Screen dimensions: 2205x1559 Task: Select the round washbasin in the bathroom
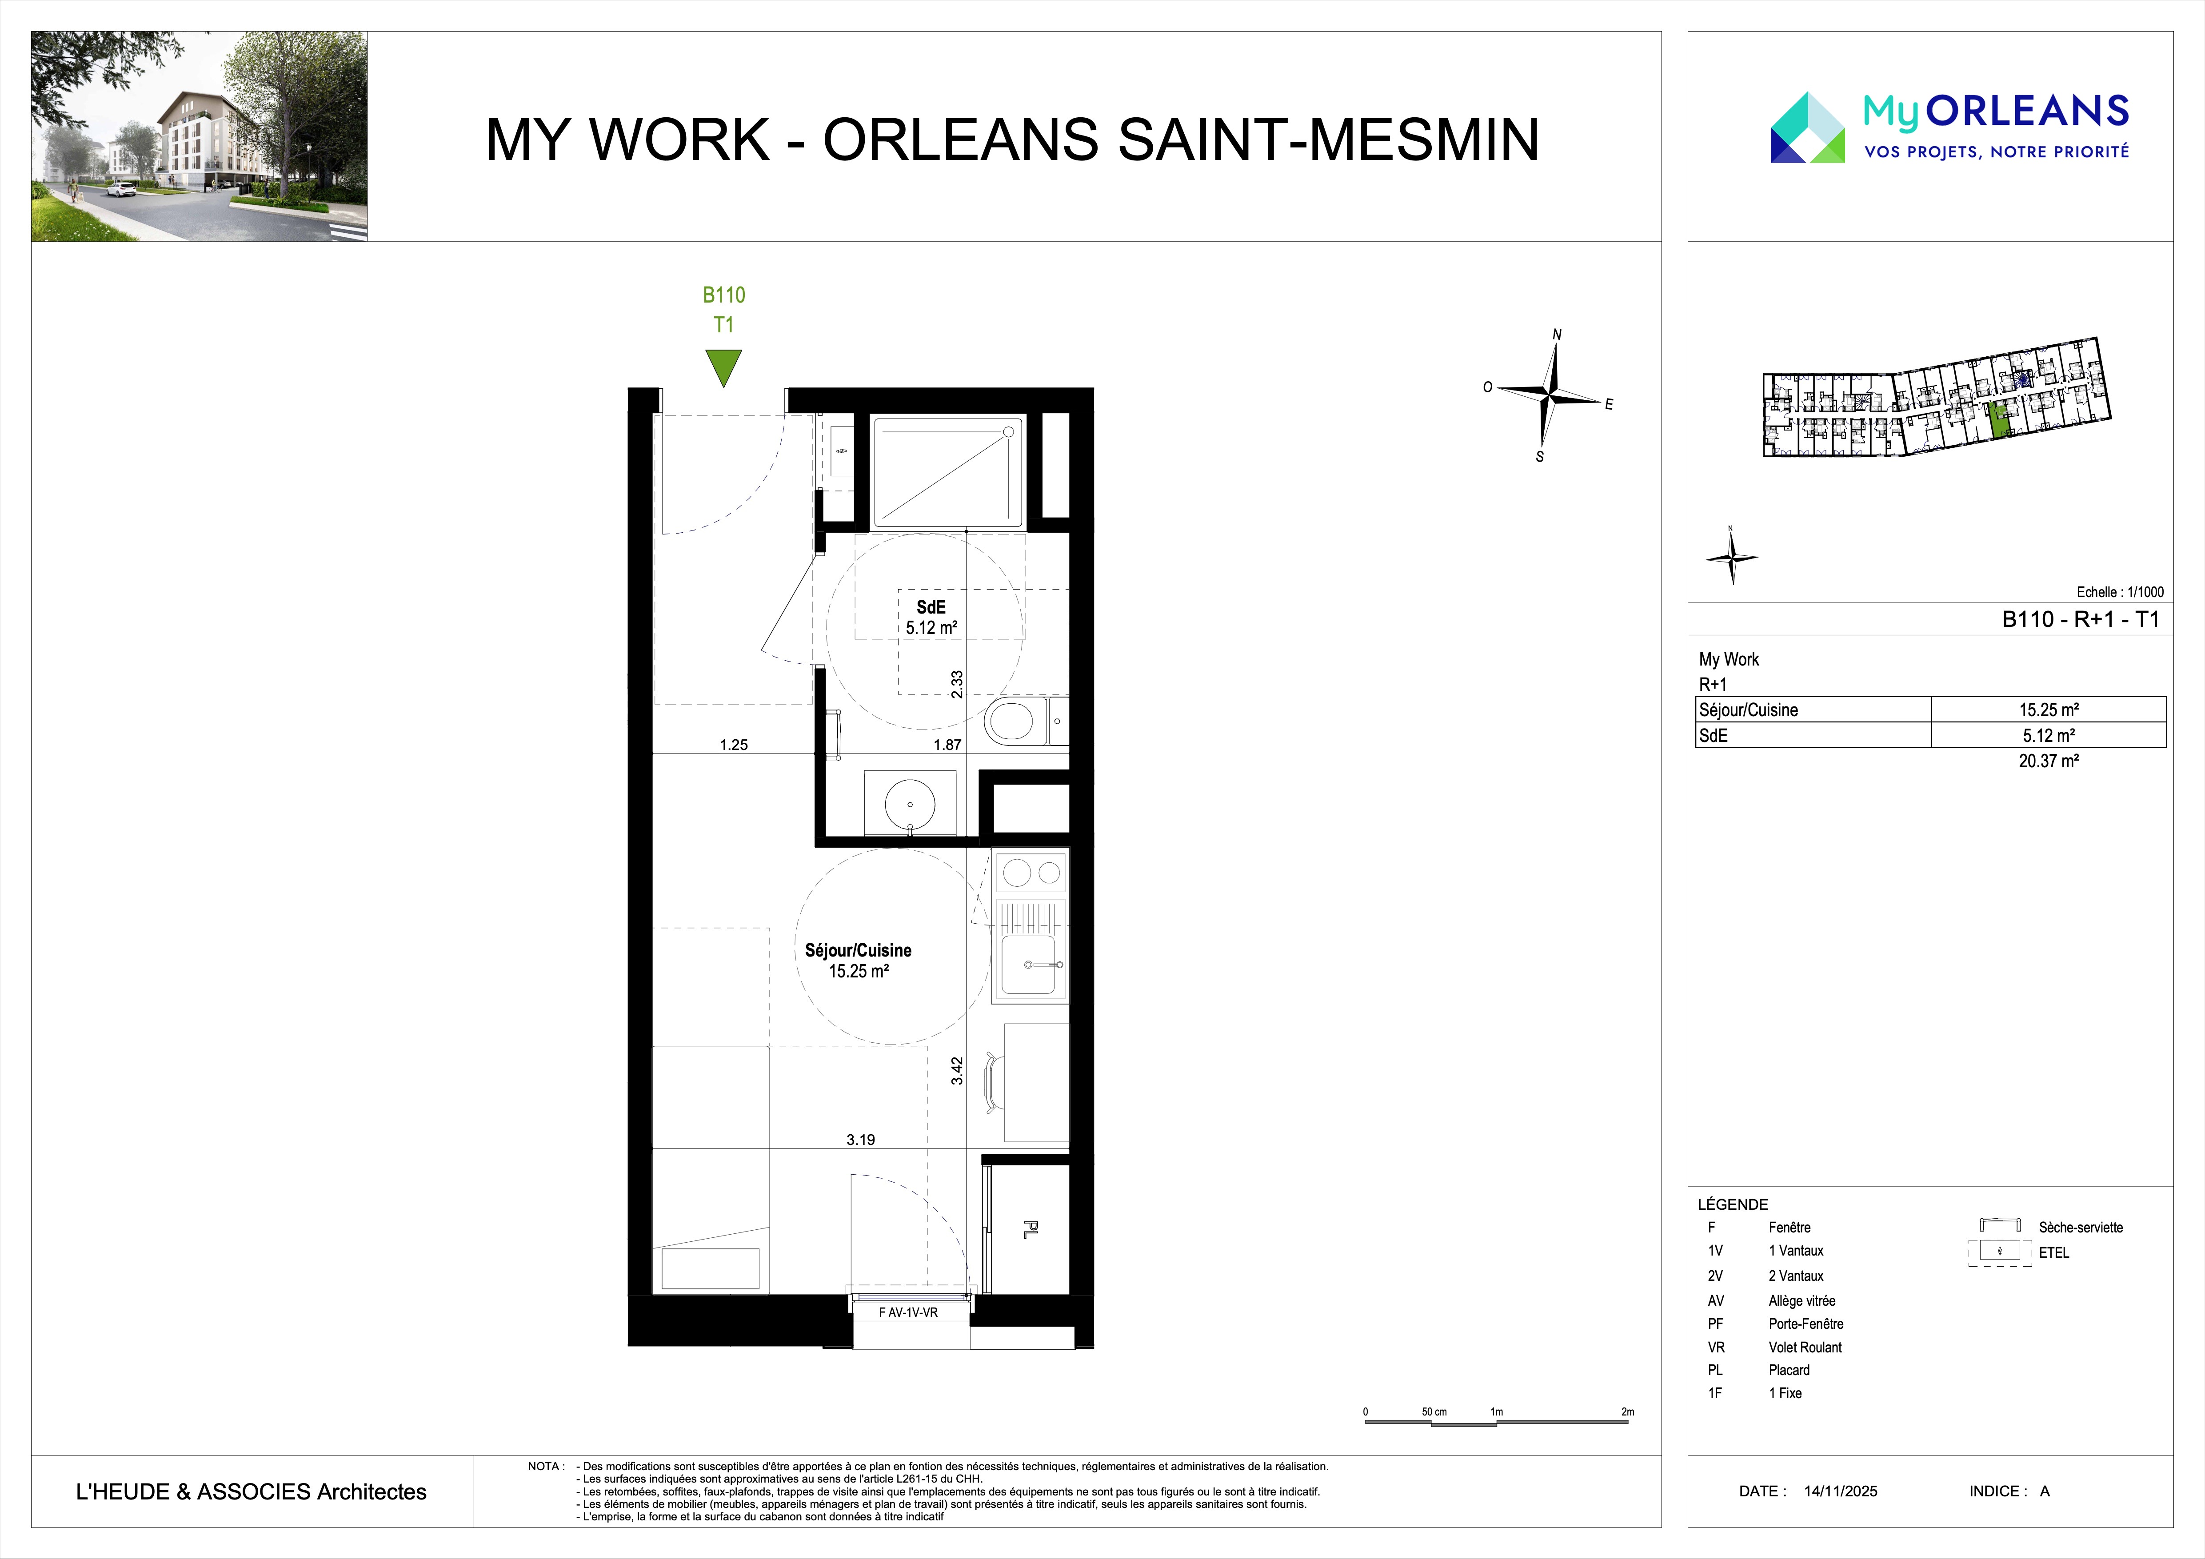910,801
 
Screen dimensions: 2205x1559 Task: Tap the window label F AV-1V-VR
908,1312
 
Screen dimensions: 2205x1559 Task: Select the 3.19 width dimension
860,1140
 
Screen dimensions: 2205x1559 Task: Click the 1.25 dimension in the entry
734,744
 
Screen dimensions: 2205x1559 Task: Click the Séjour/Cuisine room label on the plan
858,950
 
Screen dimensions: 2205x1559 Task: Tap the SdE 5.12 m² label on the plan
931,617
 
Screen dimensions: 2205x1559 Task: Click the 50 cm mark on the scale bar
1434,1412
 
